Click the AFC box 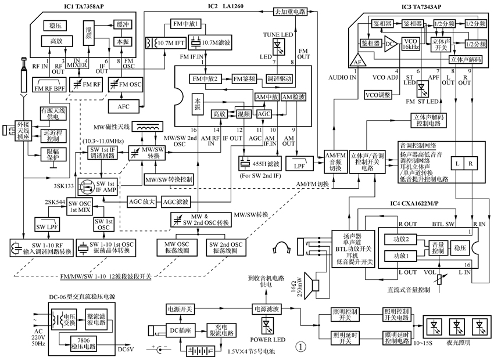[124, 107]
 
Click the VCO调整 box [378, 94]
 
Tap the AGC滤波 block [175, 202]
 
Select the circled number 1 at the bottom [300, 346]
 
